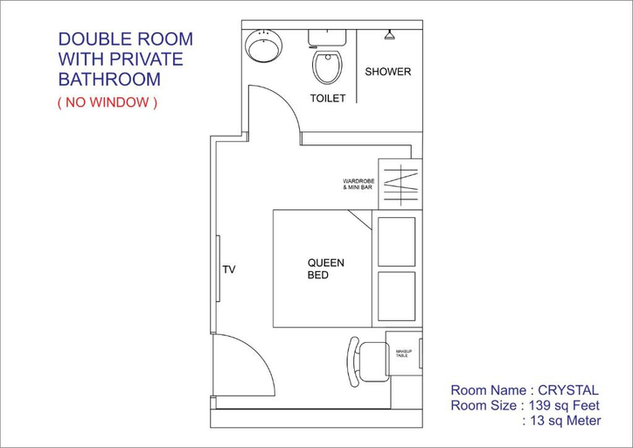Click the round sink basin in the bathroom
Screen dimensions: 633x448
(x=263, y=45)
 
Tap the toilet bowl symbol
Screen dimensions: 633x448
(x=327, y=66)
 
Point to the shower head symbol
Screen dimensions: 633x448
(x=389, y=35)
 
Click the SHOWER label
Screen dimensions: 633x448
(x=387, y=72)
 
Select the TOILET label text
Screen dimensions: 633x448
(x=328, y=98)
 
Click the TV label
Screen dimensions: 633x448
(x=229, y=269)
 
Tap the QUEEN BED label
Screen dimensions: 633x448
(x=326, y=269)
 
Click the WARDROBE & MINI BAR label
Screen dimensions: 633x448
(x=358, y=185)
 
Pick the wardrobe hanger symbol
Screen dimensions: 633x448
(x=400, y=185)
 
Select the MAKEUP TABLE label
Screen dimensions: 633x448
(x=403, y=353)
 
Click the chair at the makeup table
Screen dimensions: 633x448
(x=367, y=362)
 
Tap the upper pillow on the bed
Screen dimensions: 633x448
(x=396, y=242)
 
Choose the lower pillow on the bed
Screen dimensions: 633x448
(x=396, y=297)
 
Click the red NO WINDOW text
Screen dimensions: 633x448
(x=108, y=102)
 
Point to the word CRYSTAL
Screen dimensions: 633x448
(x=568, y=390)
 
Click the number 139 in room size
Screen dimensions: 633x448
(x=540, y=405)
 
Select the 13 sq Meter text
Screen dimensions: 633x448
(x=565, y=421)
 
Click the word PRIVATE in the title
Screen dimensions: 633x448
(x=146, y=59)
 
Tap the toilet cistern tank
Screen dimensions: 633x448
(x=327, y=38)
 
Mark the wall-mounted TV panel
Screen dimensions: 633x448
(x=218, y=269)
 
